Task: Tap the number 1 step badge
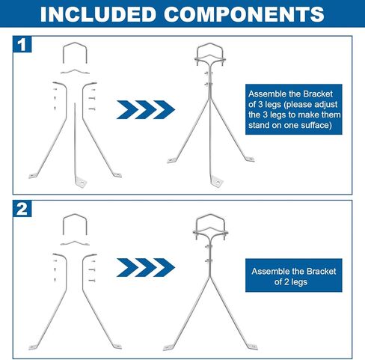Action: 22,45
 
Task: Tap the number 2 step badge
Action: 22,209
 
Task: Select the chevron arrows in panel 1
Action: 145,109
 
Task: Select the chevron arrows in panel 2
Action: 145,266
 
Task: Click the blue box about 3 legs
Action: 292,109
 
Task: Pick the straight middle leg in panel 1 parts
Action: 77,142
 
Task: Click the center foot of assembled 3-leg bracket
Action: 217,180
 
